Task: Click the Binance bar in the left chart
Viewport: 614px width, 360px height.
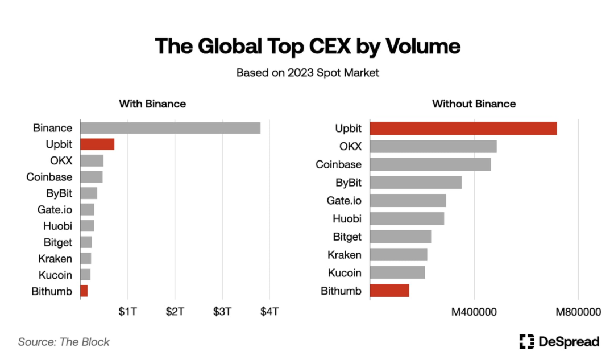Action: coord(171,128)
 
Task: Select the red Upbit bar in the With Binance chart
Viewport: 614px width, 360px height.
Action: coord(97,144)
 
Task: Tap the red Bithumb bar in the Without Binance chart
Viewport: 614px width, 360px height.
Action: coord(389,291)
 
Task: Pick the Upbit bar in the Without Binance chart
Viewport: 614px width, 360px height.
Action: coord(463,128)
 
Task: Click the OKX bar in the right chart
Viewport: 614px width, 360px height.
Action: coord(433,146)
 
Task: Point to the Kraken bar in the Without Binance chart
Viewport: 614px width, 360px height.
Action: coord(399,254)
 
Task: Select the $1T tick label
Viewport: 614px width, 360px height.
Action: coord(128,312)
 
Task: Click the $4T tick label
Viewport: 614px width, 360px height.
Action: coord(269,312)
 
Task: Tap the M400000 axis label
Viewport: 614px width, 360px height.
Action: coord(474,312)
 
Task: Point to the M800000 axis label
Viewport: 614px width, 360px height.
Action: coord(578,312)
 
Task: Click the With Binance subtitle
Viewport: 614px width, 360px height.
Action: coord(152,104)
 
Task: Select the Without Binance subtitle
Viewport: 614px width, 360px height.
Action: coord(474,104)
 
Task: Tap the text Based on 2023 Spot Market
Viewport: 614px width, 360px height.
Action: coord(307,73)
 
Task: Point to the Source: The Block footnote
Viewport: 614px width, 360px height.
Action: coord(64,342)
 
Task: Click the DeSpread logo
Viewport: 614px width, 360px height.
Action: coord(559,342)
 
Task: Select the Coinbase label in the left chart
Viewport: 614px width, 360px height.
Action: coord(49,177)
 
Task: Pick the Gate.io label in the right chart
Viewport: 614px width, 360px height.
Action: coord(344,200)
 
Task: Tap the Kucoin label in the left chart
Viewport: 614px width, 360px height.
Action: coord(55,275)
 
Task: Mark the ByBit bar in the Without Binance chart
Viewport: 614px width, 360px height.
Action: coord(416,183)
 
